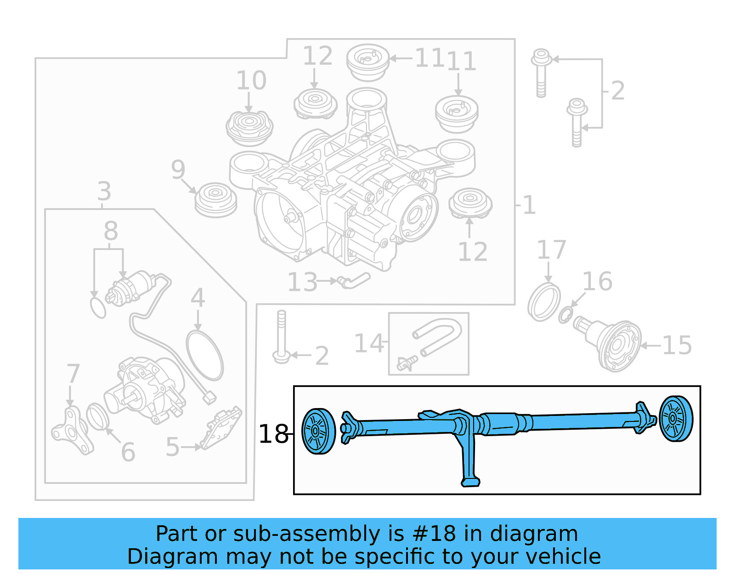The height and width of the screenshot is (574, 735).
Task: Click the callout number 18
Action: pyautogui.click(x=273, y=434)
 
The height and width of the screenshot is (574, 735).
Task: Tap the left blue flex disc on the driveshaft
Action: pyautogui.click(x=318, y=431)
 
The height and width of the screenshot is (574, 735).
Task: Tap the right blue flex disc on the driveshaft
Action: pyautogui.click(x=676, y=418)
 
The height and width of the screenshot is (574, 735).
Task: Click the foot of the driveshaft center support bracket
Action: pyautogui.click(x=470, y=482)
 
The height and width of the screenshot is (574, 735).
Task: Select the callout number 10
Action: pyautogui.click(x=251, y=80)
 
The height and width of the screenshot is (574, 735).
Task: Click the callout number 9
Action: pyautogui.click(x=178, y=170)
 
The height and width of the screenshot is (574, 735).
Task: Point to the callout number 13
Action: pyautogui.click(x=302, y=282)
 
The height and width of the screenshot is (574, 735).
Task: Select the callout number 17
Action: pyautogui.click(x=551, y=250)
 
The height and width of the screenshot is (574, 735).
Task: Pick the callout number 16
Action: pyautogui.click(x=597, y=281)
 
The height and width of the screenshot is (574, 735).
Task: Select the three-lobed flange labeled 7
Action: pyautogui.click(x=72, y=431)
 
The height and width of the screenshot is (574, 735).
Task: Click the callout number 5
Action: pyautogui.click(x=172, y=447)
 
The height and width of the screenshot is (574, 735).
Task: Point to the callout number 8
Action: pyautogui.click(x=111, y=231)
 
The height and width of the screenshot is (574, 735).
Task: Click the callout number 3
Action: pyautogui.click(x=104, y=191)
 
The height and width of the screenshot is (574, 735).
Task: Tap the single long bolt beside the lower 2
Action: pyautogui.click(x=281, y=336)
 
